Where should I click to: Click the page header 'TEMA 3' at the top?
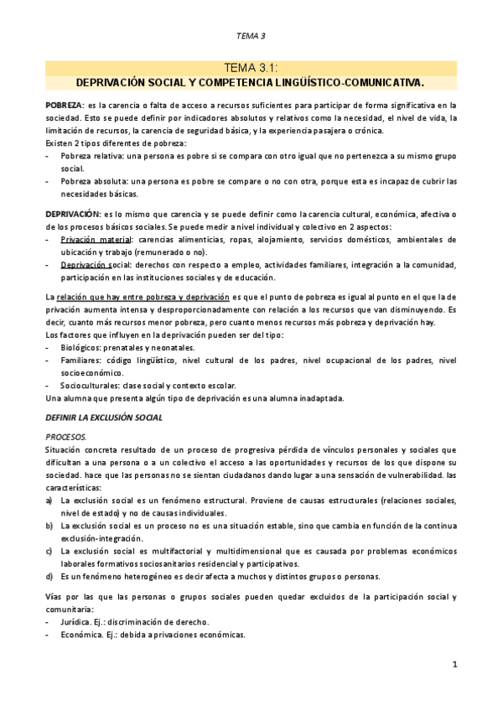click(251, 35)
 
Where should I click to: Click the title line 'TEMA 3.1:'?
click(251, 69)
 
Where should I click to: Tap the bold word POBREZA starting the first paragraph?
click(64, 106)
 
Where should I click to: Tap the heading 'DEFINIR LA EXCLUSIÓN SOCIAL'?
click(103, 417)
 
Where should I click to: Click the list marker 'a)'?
click(49, 500)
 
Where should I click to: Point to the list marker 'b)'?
click(49, 525)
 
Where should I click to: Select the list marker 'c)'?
click(49, 551)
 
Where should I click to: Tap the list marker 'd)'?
click(49, 576)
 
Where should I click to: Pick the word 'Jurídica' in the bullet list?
click(78, 621)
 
